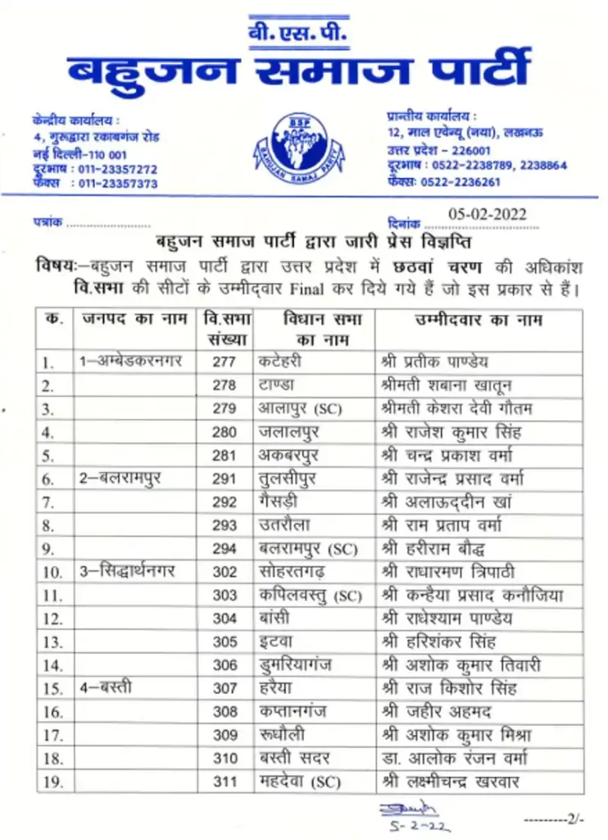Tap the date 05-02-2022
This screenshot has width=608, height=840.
click(488, 215)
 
